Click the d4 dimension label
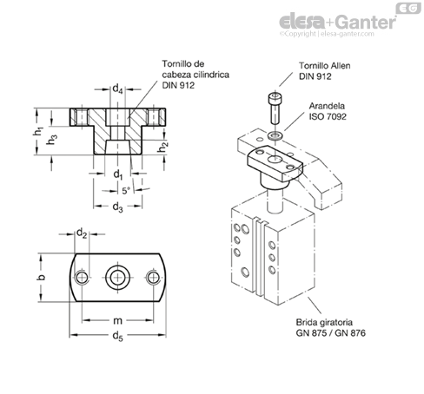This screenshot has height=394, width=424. (117, 89)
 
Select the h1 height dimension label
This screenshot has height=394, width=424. (38, 132)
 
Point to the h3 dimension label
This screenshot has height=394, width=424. (52, 140)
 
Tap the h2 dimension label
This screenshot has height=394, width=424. (162, 147)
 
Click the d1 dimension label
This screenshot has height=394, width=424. (118, 174)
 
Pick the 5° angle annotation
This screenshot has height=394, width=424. (126, 191)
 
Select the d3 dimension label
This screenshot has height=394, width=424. (117, 207)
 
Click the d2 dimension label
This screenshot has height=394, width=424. (82, 233)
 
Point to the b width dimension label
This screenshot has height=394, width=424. (42, 277)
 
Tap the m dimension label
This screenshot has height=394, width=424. (117, 320)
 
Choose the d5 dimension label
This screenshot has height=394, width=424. (118, 336)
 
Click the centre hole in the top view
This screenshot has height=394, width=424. (117, 278)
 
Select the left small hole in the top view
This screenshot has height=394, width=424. (82, 278)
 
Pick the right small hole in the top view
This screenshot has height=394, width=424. (153, 278)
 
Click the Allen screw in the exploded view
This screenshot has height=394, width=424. (275, 108)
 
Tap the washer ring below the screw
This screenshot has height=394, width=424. (275, 135)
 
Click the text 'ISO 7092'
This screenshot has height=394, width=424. (328, 116)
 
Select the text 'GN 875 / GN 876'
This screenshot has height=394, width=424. (330, 333)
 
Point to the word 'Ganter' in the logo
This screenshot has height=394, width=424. (367, 22)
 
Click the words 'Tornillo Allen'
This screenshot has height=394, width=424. (325, 66)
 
